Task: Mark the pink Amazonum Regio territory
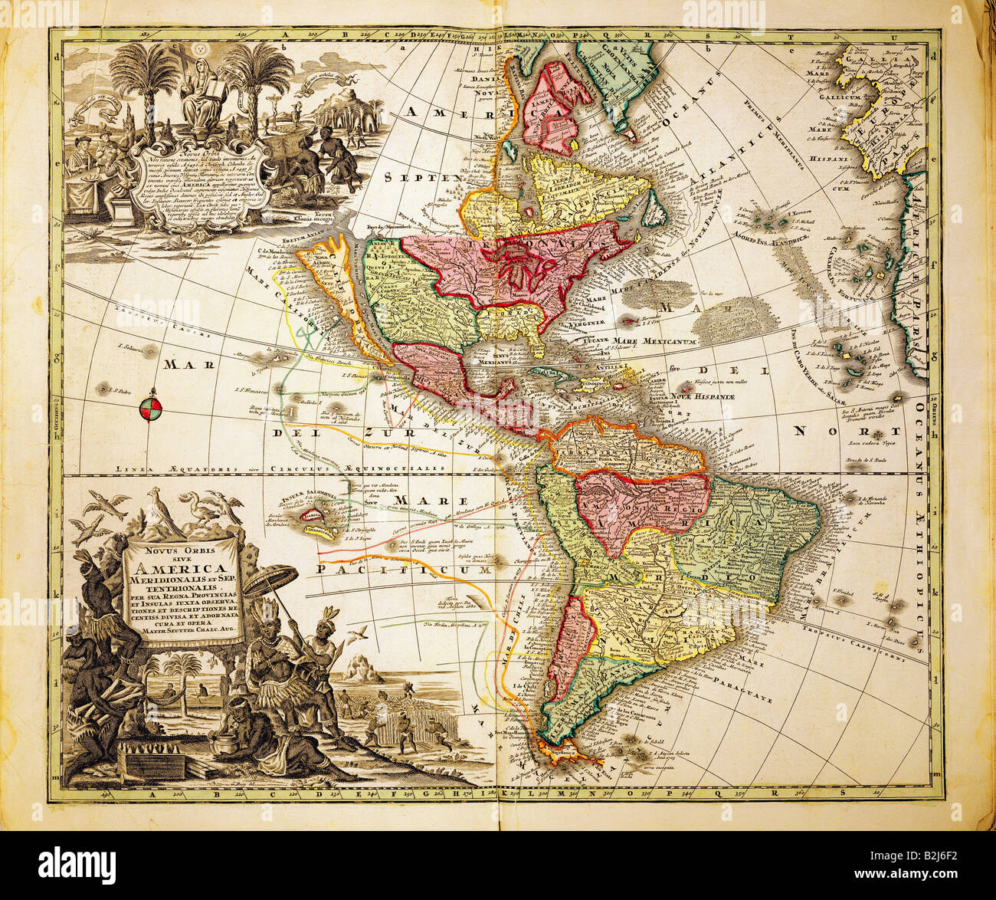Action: (644, 506)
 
